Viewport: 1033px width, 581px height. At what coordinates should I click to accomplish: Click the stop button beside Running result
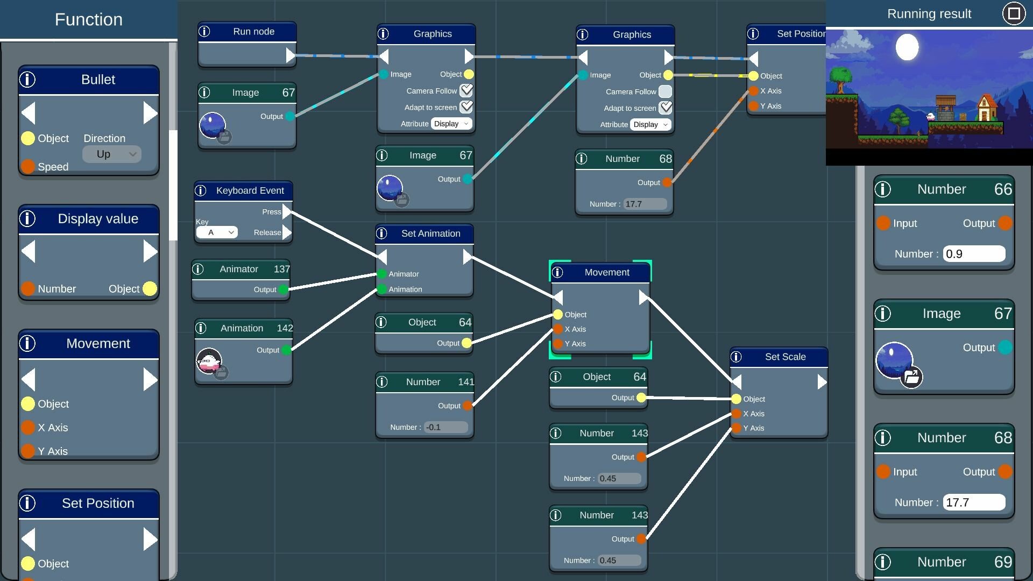(x=1014, y=13)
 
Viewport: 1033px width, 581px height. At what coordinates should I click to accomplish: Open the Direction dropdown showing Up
(x=112, y=154)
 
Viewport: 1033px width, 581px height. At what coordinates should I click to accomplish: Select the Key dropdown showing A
(x=216, y=232)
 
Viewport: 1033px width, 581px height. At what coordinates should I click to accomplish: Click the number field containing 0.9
(x=974, y=254)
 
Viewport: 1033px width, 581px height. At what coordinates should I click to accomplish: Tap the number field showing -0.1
(x=445, y=427)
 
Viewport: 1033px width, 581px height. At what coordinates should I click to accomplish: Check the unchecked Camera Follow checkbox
(x=665, y=91)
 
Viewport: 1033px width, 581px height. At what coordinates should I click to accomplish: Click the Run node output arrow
(x=290, y=55)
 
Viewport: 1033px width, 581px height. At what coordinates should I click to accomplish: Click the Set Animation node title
(x=430, y=233)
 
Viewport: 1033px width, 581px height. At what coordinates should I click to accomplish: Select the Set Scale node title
(x=785, y=357)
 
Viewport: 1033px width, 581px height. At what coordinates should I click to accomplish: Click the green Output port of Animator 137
(x=284, y=289)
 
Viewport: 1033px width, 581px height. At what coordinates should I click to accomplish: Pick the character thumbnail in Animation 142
(x=209, y=361)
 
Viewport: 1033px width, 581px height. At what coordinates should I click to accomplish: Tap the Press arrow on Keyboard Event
(x=287, y=211)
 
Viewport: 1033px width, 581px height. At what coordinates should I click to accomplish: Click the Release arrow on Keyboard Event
(x=287, y=232)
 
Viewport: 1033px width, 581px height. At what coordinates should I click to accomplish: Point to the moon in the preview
(x=907, y=47)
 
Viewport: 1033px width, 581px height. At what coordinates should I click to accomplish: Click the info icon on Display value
(x=27, y=218)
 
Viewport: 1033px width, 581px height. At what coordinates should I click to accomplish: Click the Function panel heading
(x=89, y=20)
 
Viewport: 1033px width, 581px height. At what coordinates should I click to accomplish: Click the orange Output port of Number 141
(x=468, y=406)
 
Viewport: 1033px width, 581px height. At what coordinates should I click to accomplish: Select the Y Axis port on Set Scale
(x=737, y=428)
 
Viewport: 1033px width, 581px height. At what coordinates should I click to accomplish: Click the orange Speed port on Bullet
(x=28, y=167)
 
